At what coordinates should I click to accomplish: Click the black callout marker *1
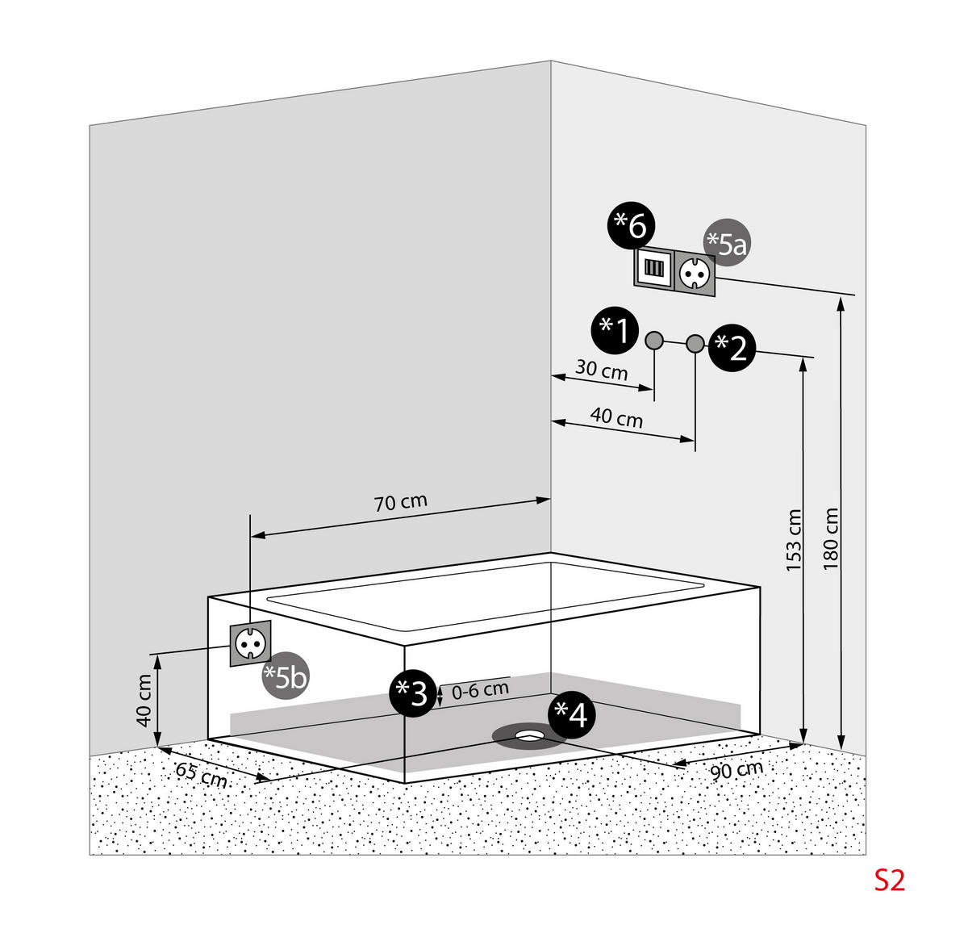coord(615,330)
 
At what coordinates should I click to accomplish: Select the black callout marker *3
coord(413,693)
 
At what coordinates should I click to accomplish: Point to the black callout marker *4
coord(572,714)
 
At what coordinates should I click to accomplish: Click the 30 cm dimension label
coord(601,370)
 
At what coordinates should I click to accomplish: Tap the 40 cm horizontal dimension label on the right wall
coord(617,417)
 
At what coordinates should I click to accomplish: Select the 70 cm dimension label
coord(401,502)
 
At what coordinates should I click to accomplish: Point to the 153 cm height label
coord(794,541)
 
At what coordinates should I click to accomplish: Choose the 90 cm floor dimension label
coord(736,770)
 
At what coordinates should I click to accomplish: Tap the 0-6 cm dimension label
coord(480,690)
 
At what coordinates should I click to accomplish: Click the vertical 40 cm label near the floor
coord(144,701)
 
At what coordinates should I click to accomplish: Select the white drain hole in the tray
coord(530,735)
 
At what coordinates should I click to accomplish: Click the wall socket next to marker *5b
coord(251,643)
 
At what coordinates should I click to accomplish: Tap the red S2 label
coord(891,880)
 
